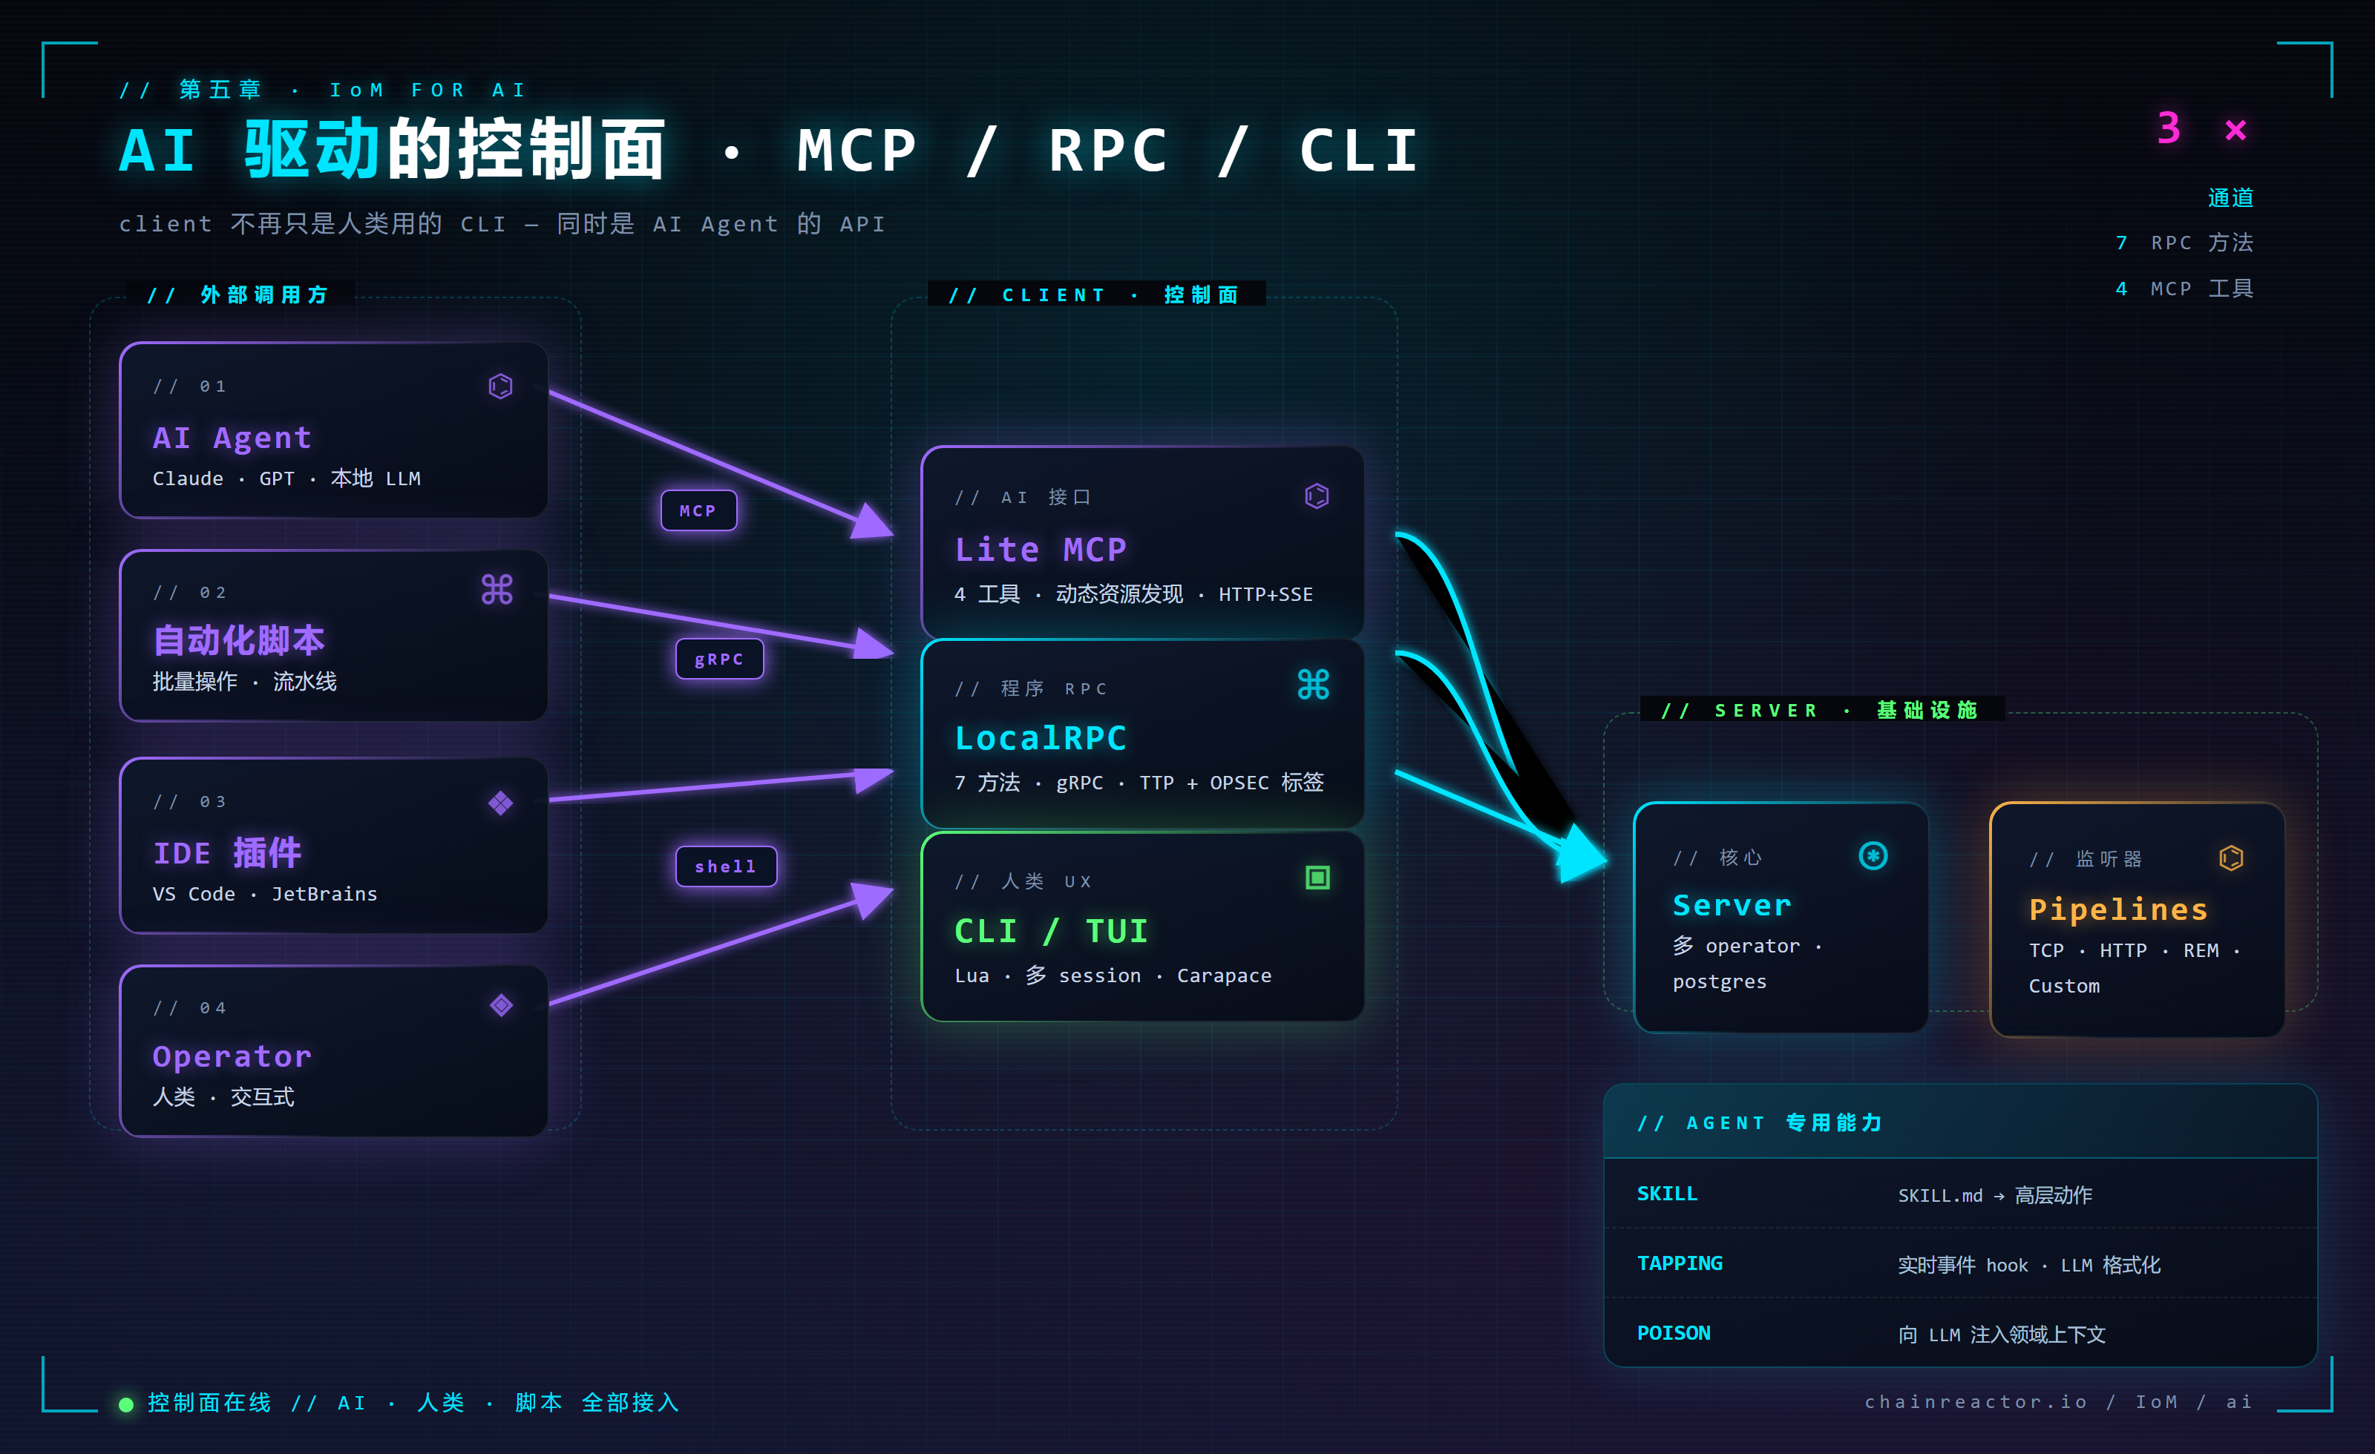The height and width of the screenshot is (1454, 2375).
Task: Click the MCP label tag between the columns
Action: [x=698, y=510]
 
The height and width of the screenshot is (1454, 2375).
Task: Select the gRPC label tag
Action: [x=719, y=659]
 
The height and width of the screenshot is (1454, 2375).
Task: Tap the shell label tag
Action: [x=726, y=866]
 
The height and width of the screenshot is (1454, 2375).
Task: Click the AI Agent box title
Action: [x=232, y=438]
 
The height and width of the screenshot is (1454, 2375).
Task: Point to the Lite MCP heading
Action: [x=1040, y=549]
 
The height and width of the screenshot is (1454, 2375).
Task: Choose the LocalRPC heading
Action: [x=1040, y=738]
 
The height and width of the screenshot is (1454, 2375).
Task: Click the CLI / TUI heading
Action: [x=1051, y=931]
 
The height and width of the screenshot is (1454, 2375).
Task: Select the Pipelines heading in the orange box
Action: [x=2117, y=909]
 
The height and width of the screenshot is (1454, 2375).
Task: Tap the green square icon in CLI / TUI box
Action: [x=1317, y=878]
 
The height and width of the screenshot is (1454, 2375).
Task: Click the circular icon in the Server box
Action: [x=1872, y=855]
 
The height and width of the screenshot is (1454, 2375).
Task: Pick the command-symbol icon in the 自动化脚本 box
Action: [x=497, y=589]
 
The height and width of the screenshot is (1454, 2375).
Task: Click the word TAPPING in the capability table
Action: [x=1679, y=1263]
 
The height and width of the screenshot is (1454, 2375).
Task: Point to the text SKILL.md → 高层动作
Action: [x=1994, y=1195]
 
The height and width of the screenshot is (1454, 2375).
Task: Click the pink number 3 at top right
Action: [x=2168, y=128]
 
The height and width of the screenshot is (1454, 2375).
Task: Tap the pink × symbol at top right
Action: [x=2235, y=130]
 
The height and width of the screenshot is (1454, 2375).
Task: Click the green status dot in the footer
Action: [x=125, y=1404]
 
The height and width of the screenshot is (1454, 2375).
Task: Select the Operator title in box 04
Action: [x=232, y=1056]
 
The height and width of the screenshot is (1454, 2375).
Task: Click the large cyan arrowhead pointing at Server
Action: [x=1581, y=854]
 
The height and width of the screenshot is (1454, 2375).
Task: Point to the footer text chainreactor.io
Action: [x=1975, y=1401]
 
